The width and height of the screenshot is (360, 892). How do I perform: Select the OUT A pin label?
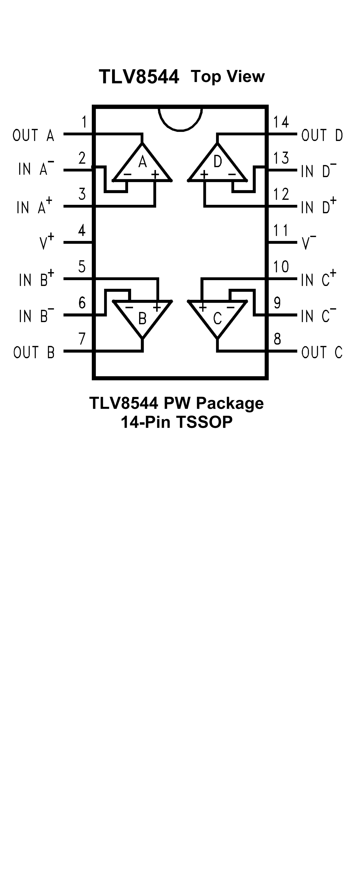click(x=33, y=135)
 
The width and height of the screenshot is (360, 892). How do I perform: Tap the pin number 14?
click(x=280, y=122)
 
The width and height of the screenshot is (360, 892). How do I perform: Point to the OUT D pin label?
click(x=322, y=135)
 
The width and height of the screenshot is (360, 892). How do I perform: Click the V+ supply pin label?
click(x=47, y=241)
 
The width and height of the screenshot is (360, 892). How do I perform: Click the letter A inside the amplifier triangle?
click(x=142, y=162)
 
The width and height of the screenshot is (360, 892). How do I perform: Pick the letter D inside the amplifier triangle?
click(x=217, y=162)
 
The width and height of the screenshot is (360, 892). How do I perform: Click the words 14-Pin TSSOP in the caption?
click(x=177, y=422)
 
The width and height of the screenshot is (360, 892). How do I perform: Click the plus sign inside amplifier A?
click(x=155, y=174)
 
